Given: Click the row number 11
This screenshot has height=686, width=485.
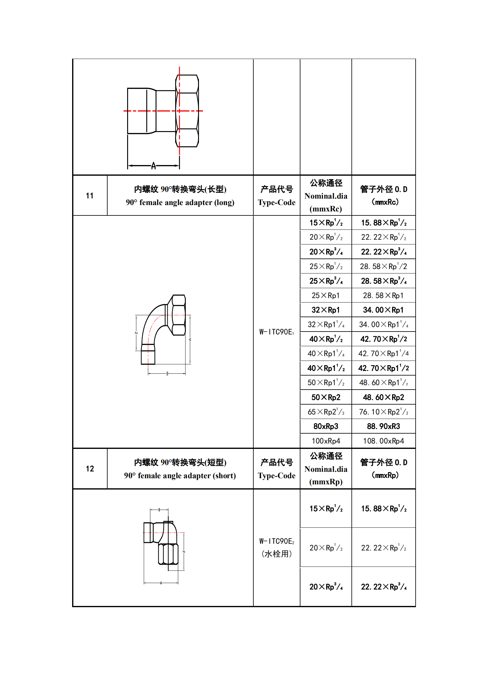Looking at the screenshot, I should (90, 196).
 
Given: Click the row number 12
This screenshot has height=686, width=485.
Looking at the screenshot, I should (90, 469).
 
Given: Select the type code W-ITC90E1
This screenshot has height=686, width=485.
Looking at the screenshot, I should (276, 332).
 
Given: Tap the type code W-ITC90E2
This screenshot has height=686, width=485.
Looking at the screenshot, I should (276, 541).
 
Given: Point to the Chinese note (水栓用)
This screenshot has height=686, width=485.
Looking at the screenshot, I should (276, 554).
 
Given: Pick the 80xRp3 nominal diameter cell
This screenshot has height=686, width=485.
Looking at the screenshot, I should (326, 426).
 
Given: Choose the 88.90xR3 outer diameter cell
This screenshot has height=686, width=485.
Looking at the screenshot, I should (383, 426).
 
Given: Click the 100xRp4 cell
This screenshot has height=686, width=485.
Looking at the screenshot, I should (326, 441).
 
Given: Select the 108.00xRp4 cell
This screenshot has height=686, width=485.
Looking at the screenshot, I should (383, 441).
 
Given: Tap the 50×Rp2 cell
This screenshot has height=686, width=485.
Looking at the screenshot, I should (326, 397).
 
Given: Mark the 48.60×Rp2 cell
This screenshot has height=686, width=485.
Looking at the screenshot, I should (383, 397).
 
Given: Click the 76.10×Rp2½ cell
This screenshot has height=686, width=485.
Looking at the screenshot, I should (383, 412).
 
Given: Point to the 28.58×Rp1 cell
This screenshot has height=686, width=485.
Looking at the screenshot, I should (383, 295).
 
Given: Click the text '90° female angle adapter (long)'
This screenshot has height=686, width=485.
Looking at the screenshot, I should (180, 203).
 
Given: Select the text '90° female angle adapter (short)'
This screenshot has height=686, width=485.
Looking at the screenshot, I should (180, 476).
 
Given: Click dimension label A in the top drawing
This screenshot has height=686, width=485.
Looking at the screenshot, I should (153, 166).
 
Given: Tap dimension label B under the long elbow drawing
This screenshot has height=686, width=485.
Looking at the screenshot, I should (167, 373).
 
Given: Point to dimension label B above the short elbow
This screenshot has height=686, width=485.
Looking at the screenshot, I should (159, 510).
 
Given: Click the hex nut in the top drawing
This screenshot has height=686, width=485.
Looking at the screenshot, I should (187, 111).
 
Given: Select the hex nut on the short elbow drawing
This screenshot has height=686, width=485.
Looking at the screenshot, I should (168, 554).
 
